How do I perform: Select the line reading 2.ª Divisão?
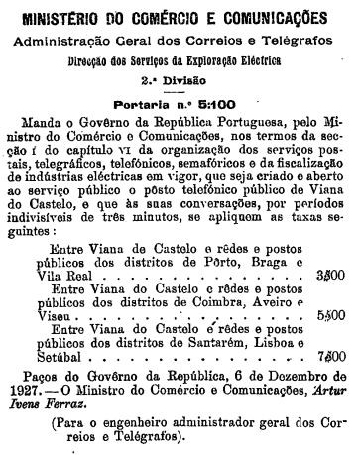tap(180, 74)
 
